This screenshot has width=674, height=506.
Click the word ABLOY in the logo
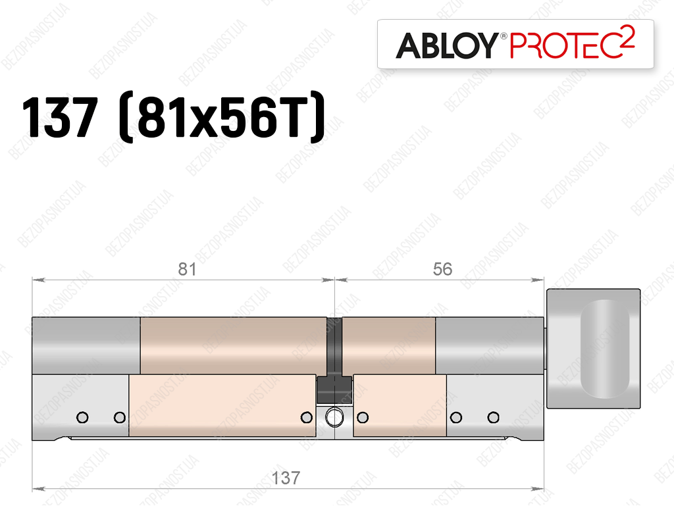pyautogui.click(x=447, y=45)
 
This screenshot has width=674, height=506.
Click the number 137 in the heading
pyautogui.click(x=60, y=117)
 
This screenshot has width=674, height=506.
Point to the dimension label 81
pyautogui.click(x=187, y=269)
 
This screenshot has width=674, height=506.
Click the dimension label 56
pyautogui.click(x=442, y=269)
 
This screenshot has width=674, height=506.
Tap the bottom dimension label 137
pyautogui.click(x=286, y=478)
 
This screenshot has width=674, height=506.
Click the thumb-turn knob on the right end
pyautogui.click(x=593, y=348)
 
